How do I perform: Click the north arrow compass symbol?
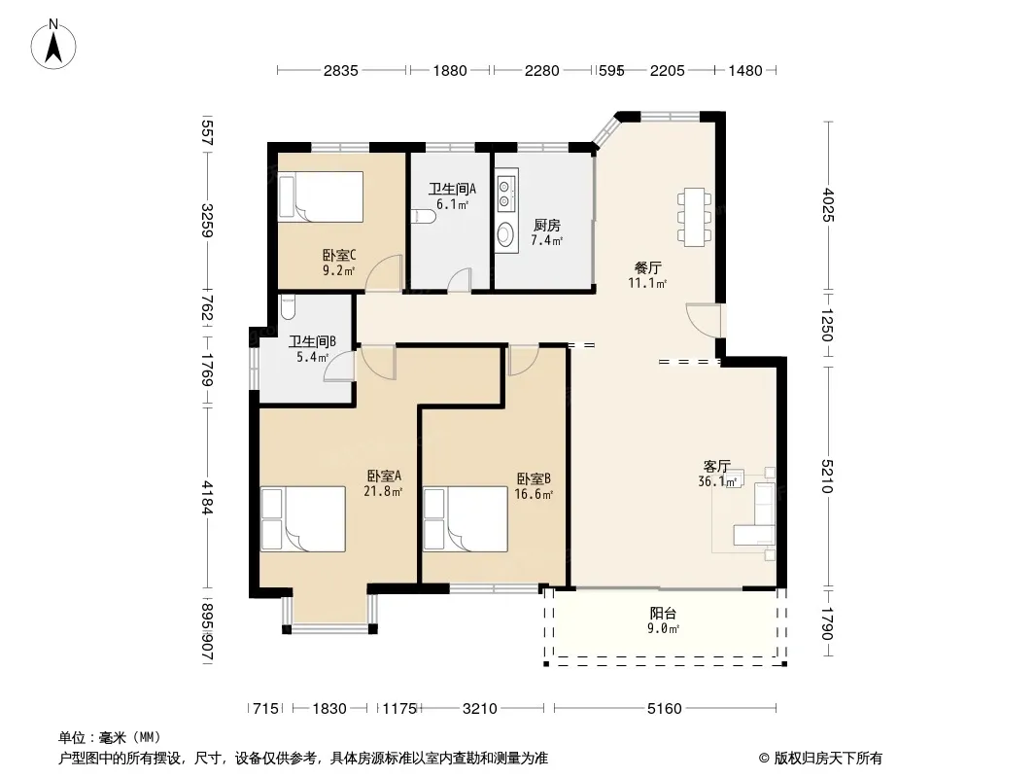[53, 45]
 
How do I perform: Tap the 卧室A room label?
[384, 476]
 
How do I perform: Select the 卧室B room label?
[534, 478]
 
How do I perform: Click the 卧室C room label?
[339, 255]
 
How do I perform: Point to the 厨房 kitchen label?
[547, 226]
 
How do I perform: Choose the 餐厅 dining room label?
[647, 267]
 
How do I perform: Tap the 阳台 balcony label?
[663, 614]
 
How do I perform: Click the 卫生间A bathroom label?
[453, 189]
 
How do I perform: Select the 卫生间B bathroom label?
[313, 341]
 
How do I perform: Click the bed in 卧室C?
[321, 197]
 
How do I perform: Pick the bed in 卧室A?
[303, 519]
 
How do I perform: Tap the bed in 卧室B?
[466, 519]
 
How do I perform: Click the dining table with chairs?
[694, 217]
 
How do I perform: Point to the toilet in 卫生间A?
[424, 216]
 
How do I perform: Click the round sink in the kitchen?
[506, 234]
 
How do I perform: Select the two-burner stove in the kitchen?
[506, 191]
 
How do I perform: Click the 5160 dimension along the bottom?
[664, 709]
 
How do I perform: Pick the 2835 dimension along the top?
[341, 70]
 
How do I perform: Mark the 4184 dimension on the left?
[207, 498]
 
